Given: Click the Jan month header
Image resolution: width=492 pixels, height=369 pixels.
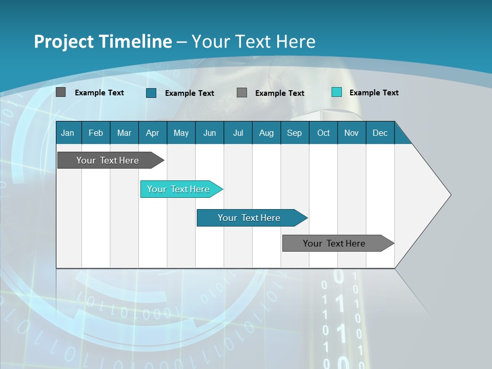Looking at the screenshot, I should [x=68, y=133].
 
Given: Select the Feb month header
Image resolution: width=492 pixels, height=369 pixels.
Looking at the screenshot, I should [x=96, y=133].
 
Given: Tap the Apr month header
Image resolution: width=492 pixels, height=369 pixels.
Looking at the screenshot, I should [x=152, y=133].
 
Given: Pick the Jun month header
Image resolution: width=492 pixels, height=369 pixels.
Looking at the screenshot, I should [x=210, y=133].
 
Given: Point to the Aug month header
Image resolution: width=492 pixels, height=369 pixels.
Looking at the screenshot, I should [x=266, y=133].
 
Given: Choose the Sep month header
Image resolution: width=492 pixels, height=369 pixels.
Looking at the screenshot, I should [x=294, y=133].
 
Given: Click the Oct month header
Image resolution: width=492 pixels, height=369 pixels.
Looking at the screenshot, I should [x=323, y=133].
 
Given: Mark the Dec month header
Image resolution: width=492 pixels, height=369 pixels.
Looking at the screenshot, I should [x=380, y=133].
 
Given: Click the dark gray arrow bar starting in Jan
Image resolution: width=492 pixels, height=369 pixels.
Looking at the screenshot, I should [x=108, y=160].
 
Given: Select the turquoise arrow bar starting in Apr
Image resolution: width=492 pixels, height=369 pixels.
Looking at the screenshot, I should [x=179, y=189].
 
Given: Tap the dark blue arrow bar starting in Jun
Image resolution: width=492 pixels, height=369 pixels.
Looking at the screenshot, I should [x=249, y=218].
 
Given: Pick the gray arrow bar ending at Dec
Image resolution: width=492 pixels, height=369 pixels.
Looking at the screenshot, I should [x=335, y=243].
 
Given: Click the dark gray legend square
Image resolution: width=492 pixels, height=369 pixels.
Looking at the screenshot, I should [x=61, y=92].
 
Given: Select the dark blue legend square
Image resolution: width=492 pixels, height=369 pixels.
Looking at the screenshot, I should [x=151, y=93].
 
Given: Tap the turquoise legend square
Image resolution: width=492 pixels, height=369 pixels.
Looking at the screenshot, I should [x=337, y=92].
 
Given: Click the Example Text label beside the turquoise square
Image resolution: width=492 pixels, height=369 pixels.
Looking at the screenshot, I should [x=374, y=93].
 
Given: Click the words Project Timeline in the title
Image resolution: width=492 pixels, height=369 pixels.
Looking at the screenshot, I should [x=103, y=42].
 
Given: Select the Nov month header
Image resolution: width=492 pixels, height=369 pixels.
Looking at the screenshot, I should [x=352, y=133].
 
